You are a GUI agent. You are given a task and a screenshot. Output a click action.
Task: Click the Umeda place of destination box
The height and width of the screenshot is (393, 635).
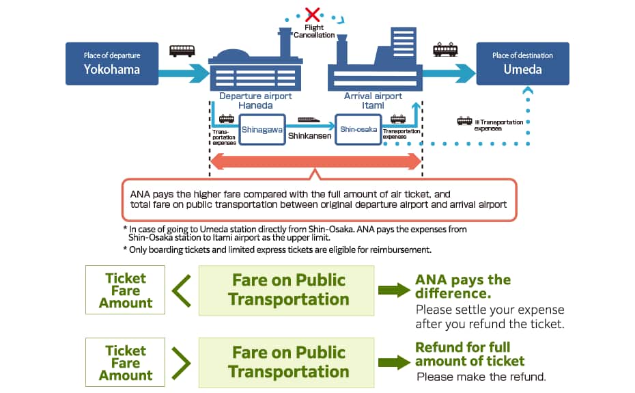522,64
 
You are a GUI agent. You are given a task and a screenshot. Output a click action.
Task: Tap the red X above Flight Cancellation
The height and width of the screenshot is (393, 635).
312,13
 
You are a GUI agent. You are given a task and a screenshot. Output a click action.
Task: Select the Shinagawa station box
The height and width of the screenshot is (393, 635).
262,128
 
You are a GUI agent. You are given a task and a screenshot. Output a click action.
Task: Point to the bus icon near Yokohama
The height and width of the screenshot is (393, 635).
182,51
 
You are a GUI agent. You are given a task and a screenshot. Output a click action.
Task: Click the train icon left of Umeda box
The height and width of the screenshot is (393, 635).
445,49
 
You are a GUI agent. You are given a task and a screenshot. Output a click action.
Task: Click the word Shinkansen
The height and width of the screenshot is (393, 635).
309,136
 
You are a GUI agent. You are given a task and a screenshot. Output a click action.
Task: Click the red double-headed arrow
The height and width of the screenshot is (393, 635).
315,161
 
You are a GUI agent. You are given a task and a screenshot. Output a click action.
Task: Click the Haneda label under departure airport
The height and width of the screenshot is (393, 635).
255,105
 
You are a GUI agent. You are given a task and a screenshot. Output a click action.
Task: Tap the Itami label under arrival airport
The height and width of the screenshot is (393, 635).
373,105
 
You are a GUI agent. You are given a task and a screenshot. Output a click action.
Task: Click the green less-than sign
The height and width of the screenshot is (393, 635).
181,290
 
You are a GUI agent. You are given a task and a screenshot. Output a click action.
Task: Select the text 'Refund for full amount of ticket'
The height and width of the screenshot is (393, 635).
470,354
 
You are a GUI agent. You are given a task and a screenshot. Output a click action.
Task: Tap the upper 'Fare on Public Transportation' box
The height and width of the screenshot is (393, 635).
287,290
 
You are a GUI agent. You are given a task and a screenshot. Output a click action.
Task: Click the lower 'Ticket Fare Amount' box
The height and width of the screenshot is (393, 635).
126,362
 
